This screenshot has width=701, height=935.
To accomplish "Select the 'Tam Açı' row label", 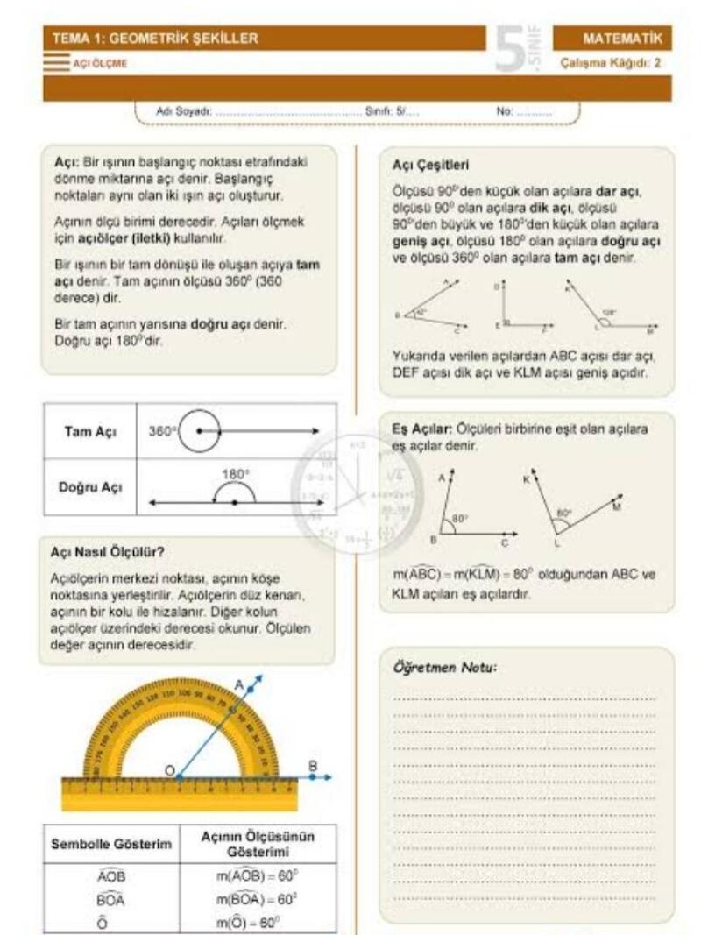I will pyautogui.click(x=90, y=432).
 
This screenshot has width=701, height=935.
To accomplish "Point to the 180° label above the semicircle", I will pyautogui.click(x=235, y=474).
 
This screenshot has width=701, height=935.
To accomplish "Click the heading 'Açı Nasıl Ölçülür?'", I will pyautogui.click(x=108, y=553).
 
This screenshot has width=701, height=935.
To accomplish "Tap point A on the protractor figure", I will pyautogui.click(x=239, y=684).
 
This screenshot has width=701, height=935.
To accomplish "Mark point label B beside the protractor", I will pyautogui.click(x=313, y=766).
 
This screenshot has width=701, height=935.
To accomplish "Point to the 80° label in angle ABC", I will pyautogui.click(x=460, y=519).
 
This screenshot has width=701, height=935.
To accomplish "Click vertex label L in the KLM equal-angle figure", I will pyautogui.click(x=557, y=543).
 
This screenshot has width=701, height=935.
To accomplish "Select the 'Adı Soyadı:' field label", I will pyautogui.click(x=179, y=113).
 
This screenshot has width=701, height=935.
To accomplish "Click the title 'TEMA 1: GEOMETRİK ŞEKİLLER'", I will pyautogui.click(x=155, y=39).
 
